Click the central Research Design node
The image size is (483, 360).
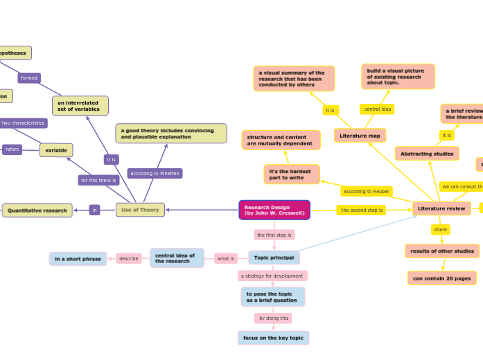point(274,210)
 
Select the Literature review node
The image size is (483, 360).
point(441,208)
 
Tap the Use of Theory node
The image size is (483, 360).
point(140,210)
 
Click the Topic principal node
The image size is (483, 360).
point(274,258)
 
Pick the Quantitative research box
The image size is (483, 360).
point(37,210)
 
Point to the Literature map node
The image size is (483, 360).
point(360,136)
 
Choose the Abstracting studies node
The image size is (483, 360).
point(427,154)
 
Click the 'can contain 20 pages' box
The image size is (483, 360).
point(441,278)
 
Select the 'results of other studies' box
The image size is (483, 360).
point(441,251)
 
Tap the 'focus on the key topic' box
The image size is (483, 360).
point(273,338)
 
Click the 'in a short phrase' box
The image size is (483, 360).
point(78,259)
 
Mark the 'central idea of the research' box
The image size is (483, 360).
point(177,258)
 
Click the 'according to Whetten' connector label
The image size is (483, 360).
point(155,174)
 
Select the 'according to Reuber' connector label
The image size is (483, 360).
point(366,191)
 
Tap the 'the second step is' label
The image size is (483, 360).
point(361,210)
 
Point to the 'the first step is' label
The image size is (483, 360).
point(274,235)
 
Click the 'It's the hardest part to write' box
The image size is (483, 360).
point(292,174)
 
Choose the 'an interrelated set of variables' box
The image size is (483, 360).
point(80,106)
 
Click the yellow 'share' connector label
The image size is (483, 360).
point(440,229)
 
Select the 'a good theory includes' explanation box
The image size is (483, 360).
point(171,133)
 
